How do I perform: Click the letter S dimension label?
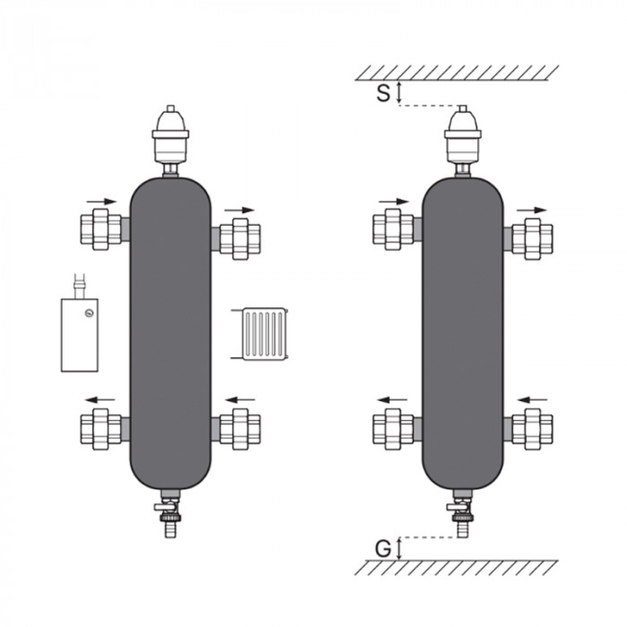click(x=383, y=93)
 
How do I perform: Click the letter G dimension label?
click(x=382, y=547)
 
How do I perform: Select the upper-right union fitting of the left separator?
click(x=239, y=237)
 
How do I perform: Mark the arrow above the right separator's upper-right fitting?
click(x=532, y=209)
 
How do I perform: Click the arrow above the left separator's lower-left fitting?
click(x=100, y=399)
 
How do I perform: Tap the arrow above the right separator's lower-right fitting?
click(x=533, y=399)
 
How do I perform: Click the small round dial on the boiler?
click(x=88, y=312)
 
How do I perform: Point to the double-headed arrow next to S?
click(x=399, y=93)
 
